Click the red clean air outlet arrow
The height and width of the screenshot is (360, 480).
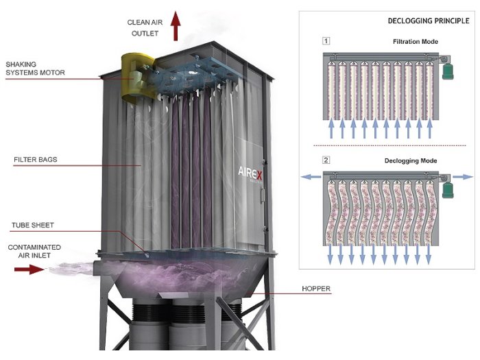point(176,26)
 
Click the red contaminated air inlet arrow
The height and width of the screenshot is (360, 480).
point(29,269)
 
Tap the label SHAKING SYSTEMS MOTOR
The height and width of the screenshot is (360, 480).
point(35,69)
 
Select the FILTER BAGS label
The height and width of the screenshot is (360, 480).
point(36,160)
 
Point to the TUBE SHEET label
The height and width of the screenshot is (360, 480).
point(33,226)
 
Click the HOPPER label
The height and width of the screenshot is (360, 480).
point(316,289)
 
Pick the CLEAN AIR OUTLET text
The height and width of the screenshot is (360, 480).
point(145,28)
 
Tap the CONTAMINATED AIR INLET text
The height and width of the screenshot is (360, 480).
point(34,252)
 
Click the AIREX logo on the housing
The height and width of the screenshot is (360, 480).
point(250,173)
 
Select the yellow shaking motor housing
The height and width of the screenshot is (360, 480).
point(137,77)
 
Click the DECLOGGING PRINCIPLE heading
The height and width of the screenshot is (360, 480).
point(429,21)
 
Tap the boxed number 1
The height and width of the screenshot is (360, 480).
point(326,40)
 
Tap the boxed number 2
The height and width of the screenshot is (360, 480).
point(326,160)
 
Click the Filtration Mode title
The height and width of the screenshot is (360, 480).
point(416,42)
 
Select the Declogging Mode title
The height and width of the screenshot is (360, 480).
point(411,160)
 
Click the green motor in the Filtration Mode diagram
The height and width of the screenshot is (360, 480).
point(448,71)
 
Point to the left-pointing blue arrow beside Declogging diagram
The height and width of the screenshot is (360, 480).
point(311,177)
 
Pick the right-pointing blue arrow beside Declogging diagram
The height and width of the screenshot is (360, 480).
point(463,177)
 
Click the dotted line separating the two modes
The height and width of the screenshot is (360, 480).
point(389,145)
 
